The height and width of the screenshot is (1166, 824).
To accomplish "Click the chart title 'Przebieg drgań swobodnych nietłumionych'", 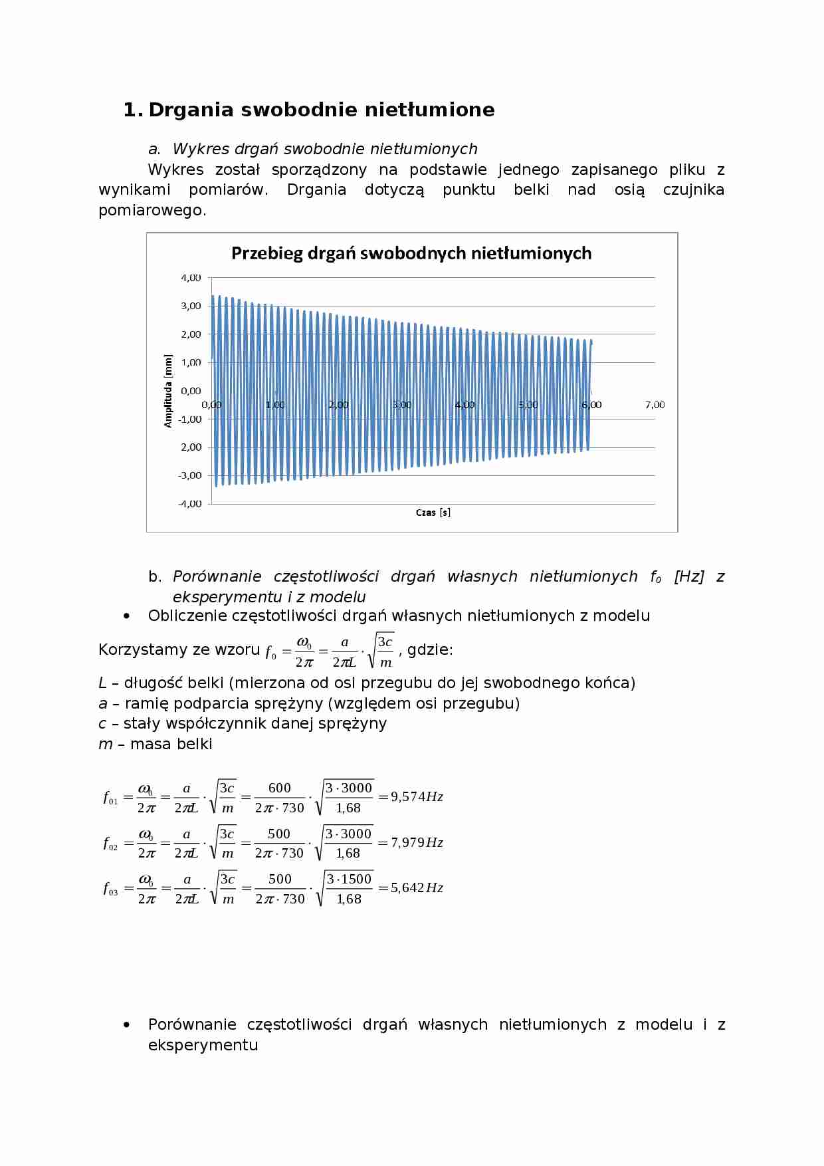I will [x=411, y=253].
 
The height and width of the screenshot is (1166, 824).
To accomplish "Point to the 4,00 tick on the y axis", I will [x=191, y=277].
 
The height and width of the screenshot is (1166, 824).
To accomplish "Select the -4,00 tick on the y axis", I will [x=189, y=503].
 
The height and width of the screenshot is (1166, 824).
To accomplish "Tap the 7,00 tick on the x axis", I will [x=655, y=405].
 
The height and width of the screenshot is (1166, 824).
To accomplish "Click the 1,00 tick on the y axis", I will [x=191, y=362].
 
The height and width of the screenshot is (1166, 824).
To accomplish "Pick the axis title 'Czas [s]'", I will [x=433, y=513].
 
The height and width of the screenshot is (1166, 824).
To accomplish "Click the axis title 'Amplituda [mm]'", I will [x=168, y=391].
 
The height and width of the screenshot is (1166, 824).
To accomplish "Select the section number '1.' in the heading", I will [x=132, y=110].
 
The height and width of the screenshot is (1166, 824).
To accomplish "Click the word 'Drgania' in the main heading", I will [x=191, y=110].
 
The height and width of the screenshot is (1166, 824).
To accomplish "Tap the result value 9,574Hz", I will [x=417, y=796].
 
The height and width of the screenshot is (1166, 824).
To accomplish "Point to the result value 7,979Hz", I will [x=417, y=842].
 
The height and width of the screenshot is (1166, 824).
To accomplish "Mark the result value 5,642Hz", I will [x=417, y=887].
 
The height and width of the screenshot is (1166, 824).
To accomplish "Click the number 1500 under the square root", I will [x=358, y=879].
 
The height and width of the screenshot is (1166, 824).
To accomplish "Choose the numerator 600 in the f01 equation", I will [x=279, y=788].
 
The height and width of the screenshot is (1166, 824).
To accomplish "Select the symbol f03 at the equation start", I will [x=110, y=889].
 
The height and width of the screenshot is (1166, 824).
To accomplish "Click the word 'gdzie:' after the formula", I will [x=430, y=649].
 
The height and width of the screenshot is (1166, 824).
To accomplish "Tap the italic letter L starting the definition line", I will [x=102, y=683].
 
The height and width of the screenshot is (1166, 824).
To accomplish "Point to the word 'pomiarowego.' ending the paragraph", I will [x=152, y=210].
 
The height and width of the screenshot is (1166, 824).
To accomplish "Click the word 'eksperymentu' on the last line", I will [x=203, y=1044].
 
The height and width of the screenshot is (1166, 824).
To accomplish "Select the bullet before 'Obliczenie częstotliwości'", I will [x=127, y=616].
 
